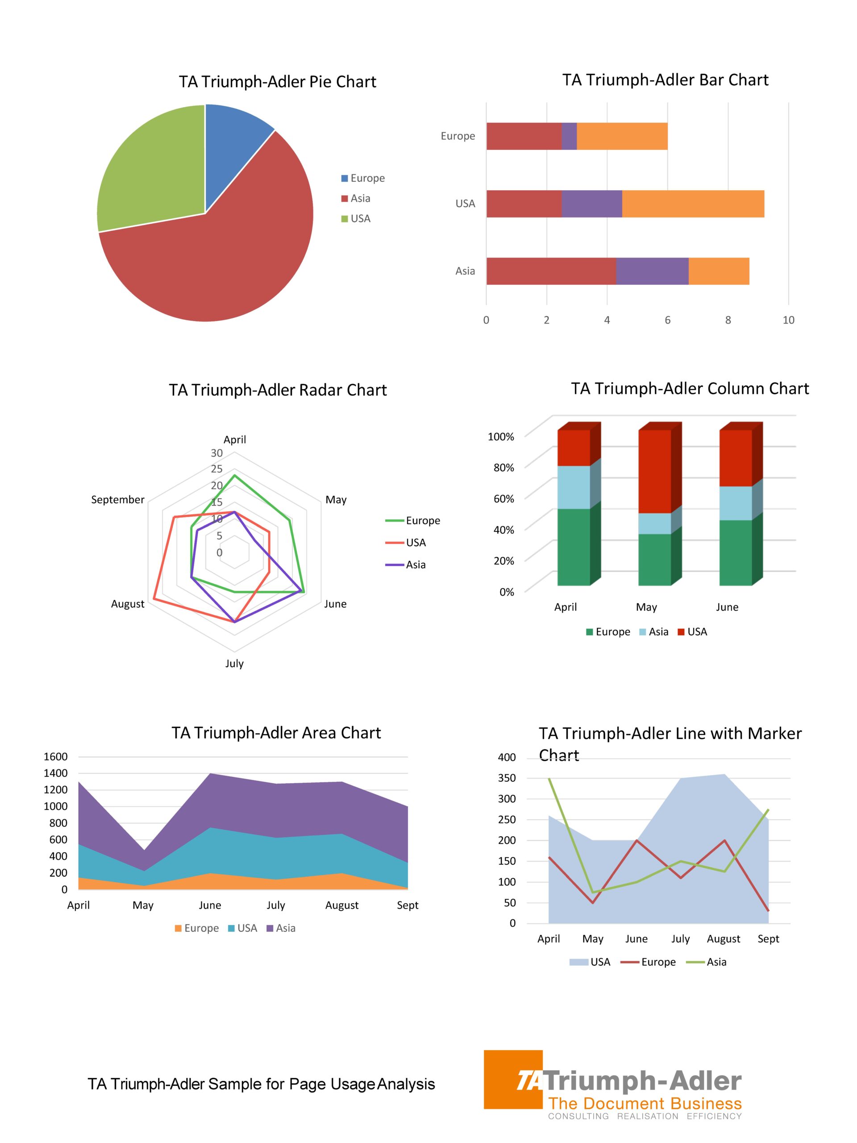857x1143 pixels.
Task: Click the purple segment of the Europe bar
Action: point(569,137)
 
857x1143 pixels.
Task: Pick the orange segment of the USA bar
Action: point(692,204)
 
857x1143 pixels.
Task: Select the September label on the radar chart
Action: point(118,500)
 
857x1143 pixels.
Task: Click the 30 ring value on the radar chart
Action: point(216,453)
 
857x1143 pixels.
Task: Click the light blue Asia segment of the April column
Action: point(574,487)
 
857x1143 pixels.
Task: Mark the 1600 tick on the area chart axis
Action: point(56,756)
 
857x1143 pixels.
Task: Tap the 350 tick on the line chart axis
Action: point(507,778)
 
